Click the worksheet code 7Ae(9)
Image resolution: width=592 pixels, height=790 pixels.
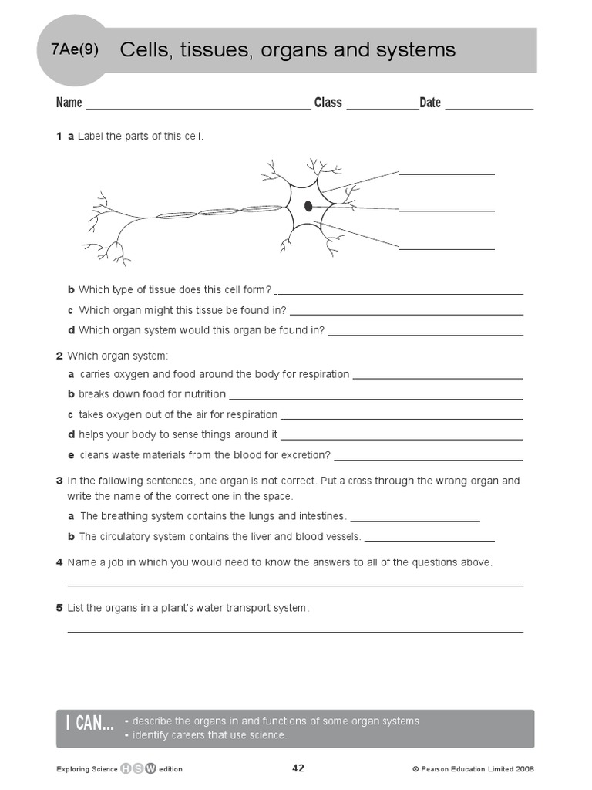[x=74, y=50]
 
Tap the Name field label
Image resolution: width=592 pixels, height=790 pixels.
[x=69, y=103]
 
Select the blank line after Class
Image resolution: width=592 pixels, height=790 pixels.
[x=382, y=109]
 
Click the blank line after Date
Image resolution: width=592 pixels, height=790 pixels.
[x=489, y=109]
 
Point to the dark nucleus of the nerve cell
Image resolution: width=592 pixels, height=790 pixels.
[x=308, y=206]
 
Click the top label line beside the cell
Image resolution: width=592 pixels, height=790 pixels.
[x=446, y=174]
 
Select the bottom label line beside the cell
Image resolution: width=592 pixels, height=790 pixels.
[x=446, y=248]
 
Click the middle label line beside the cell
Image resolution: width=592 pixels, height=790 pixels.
[x=446, y=211]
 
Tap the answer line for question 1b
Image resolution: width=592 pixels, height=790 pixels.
[x=399, y=294]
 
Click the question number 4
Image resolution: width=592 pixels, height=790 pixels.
[x=59, y=562]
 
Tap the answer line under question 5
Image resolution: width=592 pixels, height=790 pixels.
[x=295, y=631]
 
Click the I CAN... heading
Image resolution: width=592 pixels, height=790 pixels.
[x=89, y=723]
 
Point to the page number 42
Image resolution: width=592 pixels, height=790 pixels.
[x=299, y=768]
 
